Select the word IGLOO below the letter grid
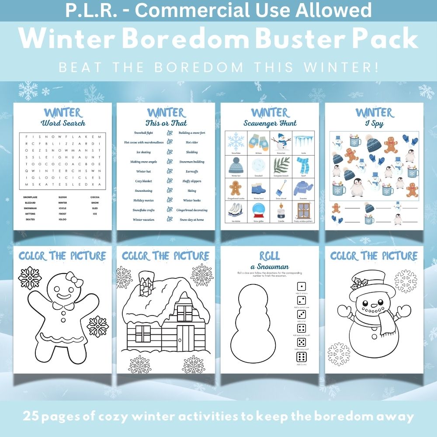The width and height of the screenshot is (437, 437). pos(62,219)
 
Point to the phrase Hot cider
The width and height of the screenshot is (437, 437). pos(192,142)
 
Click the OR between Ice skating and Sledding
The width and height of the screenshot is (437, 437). pos(170,152)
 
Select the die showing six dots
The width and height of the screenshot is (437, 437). pos(302,356)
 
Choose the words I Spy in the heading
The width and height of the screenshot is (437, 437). pos(374,124)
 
